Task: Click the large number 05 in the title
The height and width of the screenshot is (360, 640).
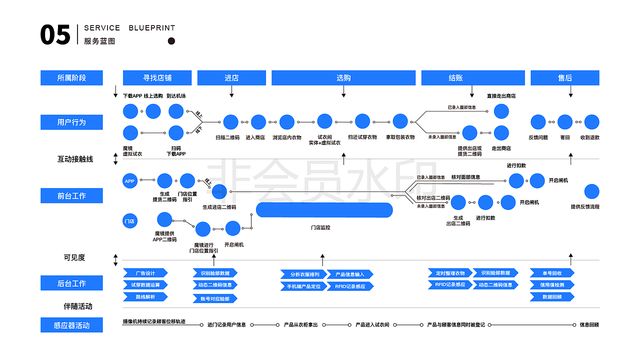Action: point(55,35)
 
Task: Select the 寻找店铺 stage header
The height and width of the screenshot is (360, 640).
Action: point(157,78)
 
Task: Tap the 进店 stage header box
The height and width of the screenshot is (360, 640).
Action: point(231,78)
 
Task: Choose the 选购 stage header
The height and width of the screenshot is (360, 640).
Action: point(343,78)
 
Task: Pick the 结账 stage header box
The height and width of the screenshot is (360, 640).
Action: point(473,78)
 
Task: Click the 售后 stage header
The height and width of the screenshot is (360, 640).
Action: point(564,78)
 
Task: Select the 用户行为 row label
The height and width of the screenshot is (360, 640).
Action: point(71,122)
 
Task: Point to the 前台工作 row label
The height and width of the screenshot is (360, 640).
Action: point(71,195)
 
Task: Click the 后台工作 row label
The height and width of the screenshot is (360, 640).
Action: point(71,283)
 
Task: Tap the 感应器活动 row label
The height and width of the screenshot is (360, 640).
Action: point(71,325)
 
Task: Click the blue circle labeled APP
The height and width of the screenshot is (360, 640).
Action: point(130,181)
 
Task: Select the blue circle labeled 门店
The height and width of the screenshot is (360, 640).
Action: point(130,220)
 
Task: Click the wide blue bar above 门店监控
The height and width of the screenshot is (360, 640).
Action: point(324,210)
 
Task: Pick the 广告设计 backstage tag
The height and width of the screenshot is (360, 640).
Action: point(145,273)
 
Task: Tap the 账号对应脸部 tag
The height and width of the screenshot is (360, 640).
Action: point(215,298)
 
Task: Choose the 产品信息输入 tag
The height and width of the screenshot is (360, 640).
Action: point(350,274)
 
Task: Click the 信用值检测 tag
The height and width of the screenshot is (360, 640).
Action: point(552,285)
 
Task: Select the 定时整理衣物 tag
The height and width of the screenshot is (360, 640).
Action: point(450,273)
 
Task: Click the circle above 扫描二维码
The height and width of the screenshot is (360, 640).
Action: point(230,122)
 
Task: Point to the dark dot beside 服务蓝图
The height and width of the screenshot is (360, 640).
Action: point(171,41)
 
